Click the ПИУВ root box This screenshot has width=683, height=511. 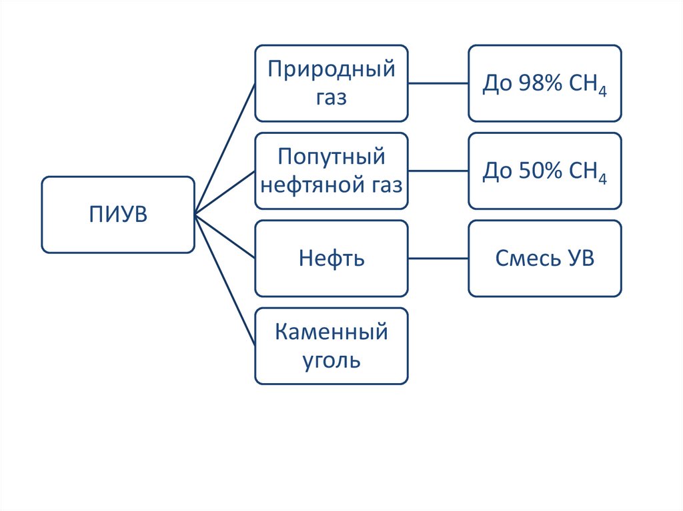(x=118, y=215)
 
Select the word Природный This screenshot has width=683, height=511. (x=331, y=69)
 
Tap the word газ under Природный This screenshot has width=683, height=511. (x=331, y=98)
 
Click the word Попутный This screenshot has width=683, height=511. (x=331, y=157)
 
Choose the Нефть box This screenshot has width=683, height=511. (x=331, y=258)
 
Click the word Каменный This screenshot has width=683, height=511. (x=331, y=331)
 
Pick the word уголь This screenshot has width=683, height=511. (x=331, y=360)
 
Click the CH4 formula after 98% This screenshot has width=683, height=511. (x=588, y=85)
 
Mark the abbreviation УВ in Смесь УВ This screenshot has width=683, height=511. (x=578, y=258)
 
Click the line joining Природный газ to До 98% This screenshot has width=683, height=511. (x=438, y=83)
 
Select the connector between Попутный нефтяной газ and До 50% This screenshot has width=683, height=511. (x=438, y=171)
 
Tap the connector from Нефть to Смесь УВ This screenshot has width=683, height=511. (x=438, y=258)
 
